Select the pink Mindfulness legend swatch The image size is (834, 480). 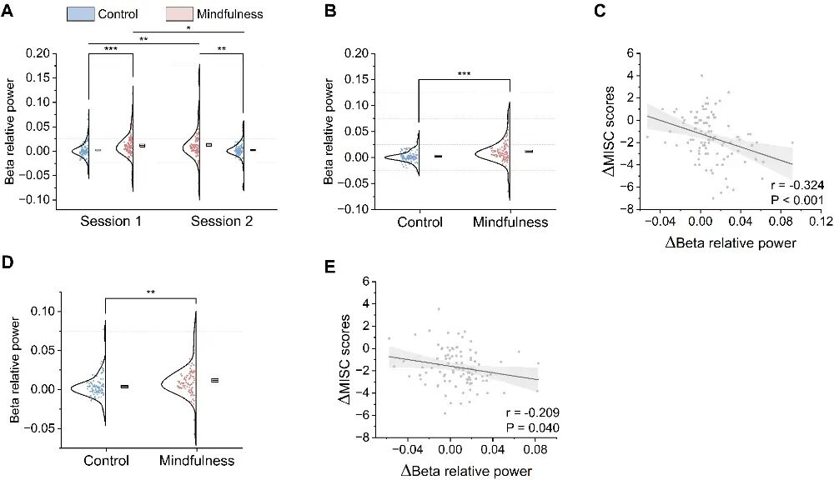coord(181,14)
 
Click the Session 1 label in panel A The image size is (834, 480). coord(109,222)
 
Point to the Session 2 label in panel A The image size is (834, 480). coord(221,222)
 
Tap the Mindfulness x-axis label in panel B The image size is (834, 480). coord(510,222)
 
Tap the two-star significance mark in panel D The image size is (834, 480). coord(150,292)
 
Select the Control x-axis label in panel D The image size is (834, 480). coord(105,460)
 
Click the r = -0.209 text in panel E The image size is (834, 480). coord(530,412)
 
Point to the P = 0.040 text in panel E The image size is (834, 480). coord(531,427)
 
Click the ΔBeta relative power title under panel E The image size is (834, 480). coord(466,471)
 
